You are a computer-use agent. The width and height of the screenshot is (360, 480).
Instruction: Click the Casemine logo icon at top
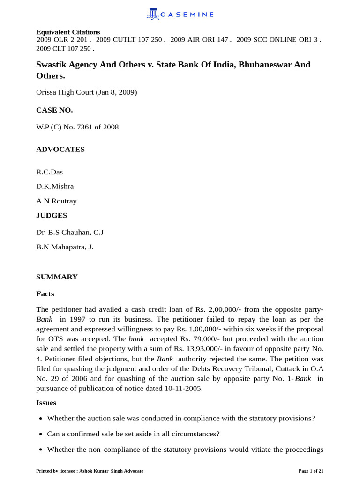(x=153, y=14)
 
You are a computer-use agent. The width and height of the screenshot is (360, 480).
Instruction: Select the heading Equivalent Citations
(x=68, y=32)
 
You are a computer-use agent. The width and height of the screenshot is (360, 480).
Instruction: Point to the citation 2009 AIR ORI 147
(x=201, y=40)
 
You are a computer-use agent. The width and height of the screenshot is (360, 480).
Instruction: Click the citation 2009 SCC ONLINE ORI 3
(x=278, y=40)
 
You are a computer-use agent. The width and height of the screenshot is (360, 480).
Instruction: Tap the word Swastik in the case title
(x=52, y=65)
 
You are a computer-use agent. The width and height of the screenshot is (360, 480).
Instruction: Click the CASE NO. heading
(x=54, y=110)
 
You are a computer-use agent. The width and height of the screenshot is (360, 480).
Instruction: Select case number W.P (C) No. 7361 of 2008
(x=77, y=127)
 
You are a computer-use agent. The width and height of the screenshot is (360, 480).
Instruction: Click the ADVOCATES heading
(x=60, y=150)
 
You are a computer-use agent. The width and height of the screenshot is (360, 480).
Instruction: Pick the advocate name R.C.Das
(x=49, y=172)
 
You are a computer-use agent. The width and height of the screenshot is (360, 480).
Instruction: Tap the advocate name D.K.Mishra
(x=55, y=187)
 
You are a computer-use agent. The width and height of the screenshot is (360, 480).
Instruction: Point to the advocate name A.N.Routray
(x=56, y=201)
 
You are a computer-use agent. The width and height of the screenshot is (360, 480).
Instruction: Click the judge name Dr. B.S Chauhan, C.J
(x=70, y=232)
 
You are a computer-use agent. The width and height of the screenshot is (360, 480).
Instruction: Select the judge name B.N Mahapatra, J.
(x=65, y=247)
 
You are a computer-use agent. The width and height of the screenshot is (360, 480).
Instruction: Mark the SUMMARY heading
(x=57, y=277)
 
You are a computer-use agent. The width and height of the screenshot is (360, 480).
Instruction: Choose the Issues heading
(x=46, y=403)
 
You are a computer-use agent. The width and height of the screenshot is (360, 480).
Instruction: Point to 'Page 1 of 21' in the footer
(x=311, y=471)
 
